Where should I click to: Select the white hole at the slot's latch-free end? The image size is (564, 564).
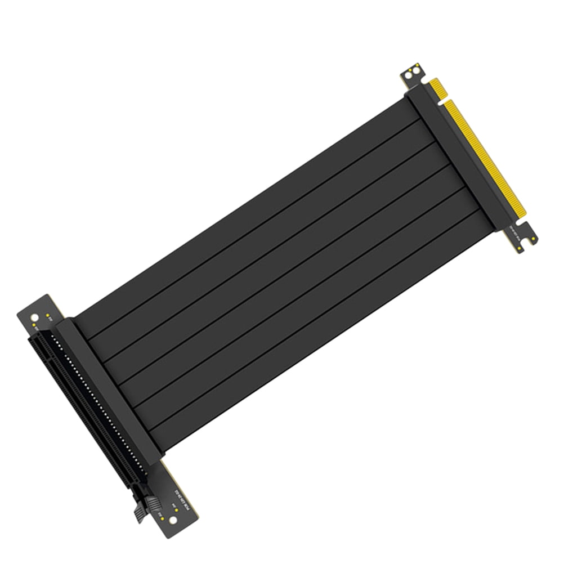coord(35,318)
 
